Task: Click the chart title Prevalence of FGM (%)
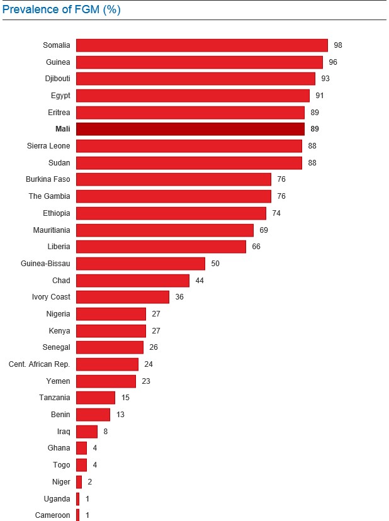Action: pos(62,9)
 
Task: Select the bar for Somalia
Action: pos(201,45)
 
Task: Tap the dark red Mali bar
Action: pos(190,129)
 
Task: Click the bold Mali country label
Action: pos(63,129)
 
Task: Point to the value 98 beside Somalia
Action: pos(338,45)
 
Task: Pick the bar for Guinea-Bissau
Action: pos(140,263)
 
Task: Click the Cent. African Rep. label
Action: pos(40,364)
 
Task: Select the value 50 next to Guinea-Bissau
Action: pos(215,263)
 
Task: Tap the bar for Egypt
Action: pos(193,96)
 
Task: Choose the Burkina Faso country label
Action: pos(48,179)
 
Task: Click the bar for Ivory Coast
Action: pos(123,297)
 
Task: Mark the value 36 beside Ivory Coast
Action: pos(179,297)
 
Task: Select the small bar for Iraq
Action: pos(87,431)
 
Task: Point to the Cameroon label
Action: pos(53,515)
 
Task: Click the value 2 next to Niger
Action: pos(90,481)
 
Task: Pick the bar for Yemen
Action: pos(106,381)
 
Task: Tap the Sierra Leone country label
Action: pos(48,146)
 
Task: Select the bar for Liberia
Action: pos(161,247)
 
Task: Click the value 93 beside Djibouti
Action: pos(325,79)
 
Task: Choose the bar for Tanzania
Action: pos(96,398)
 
